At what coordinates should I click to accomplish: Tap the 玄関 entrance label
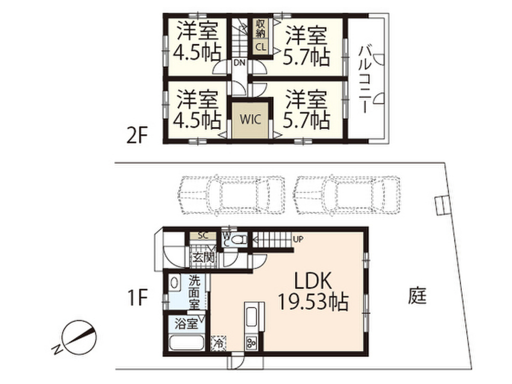tap(202, 258)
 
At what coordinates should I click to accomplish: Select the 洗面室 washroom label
tap(194, 292)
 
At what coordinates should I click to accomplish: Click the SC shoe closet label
tap(202, 235)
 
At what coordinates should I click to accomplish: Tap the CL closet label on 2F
tap(260, 47)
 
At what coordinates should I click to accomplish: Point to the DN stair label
tap(239, 62)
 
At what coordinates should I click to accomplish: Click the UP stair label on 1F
tap(297, 239)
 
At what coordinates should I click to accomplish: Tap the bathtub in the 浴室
tap(186, 344)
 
